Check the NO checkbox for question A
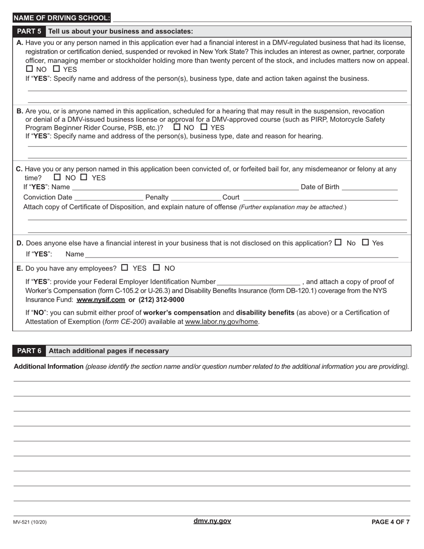pyautogui.click(x=29, y=69)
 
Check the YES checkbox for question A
pyautogui.click(x=56, y=69)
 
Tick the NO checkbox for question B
pyautogui.click(x=177, y=127)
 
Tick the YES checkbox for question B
pyautogui.click(x=204, y=127)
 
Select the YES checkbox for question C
pyautogui.click(x=84, y=177)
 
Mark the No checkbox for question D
pyautogui.click(x=338, y=242)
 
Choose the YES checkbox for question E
pyautogui.click(x=125, y=268)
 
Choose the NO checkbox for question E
pyautogui.click(x=157, y=268)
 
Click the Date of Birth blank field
pyautogui.click(x=369, y=187)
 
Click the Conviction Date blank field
pyautogui.click(x=108, y=197)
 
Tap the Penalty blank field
pyautogui.click(x=196, y=197)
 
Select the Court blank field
pyautogui.click(x=320, y=197)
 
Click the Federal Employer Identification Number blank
pyautogui.click(x=258, y=282)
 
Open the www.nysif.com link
pyautogui.click(x=100, y=300)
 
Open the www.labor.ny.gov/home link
pyautogui.click(x=221, y=322)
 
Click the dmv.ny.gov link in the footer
pyautogui.click(x=212, y=521)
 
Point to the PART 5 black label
pyautogui.click(x=29, y=32)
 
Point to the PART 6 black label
pyautogui.click(x=29, y=351)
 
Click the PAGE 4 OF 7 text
pyautogui.click(x=390, y=522)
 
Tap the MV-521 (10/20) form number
pyautogui.click(x=30, y=522)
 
